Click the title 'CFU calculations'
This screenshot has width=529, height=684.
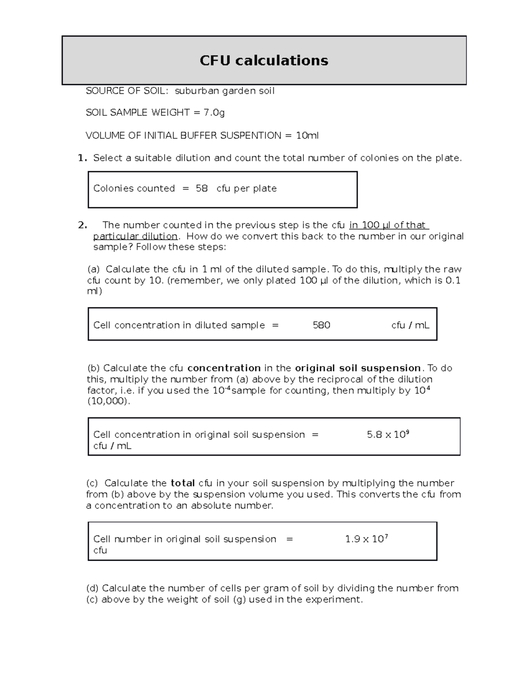264,60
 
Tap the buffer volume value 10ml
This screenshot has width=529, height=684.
307,136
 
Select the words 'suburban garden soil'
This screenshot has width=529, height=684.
224,91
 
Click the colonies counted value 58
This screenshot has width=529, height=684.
201,189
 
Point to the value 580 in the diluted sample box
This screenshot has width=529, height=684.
321,325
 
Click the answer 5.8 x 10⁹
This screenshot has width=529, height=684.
388,434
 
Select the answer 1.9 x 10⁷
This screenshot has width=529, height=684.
366,539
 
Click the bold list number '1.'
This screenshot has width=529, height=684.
82,158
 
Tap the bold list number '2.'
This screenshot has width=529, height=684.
82,225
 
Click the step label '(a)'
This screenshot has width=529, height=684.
93,269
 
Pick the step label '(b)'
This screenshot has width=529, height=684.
93,368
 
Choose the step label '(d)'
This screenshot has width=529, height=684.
93,588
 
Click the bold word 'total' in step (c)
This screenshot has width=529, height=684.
183,483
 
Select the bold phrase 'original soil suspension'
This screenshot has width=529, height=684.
358,368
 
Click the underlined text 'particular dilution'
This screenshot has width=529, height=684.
135,237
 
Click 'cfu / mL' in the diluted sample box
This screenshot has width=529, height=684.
410,325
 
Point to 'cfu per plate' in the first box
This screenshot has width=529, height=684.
246,189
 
